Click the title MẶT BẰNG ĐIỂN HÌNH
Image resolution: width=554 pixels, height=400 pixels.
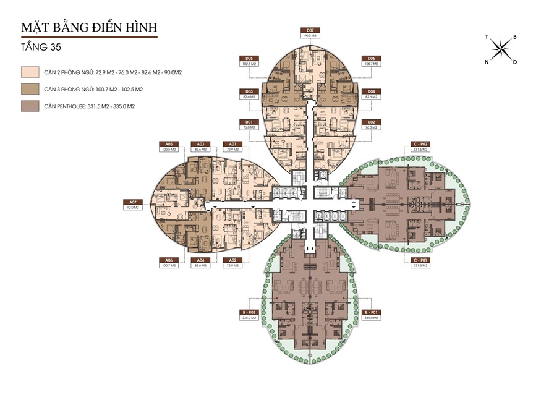point(89,28)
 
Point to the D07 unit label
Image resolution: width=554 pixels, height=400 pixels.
point(309,30)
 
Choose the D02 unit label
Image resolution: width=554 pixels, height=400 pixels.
point(370,122)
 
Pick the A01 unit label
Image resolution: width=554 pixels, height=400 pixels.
point(232,143)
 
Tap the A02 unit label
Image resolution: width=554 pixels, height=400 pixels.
point(232,260)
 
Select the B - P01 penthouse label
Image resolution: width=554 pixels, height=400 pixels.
point(370,313)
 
